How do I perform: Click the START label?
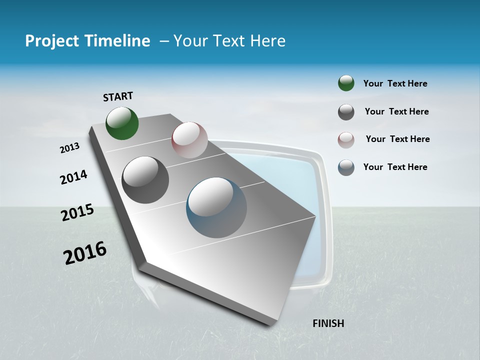pos(118,96)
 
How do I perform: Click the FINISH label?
pos(328,323)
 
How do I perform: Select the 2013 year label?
pos(70,148)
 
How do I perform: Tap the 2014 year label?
pos(74,177)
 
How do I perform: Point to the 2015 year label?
pos(77,212)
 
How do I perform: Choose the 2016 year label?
pos(85,252)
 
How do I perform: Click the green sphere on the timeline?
pos(122,123)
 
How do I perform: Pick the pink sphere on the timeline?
pos(189,140)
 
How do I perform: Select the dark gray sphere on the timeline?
pos(145,180)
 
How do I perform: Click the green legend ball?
pos(346,83)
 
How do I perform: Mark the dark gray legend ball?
pos(346,112)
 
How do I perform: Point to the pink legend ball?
pos(346,140)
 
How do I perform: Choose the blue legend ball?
pos(346,167)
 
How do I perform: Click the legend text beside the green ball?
pos(395,83)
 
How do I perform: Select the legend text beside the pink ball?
pos(397,139)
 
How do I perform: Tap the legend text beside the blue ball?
pos(395,167)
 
